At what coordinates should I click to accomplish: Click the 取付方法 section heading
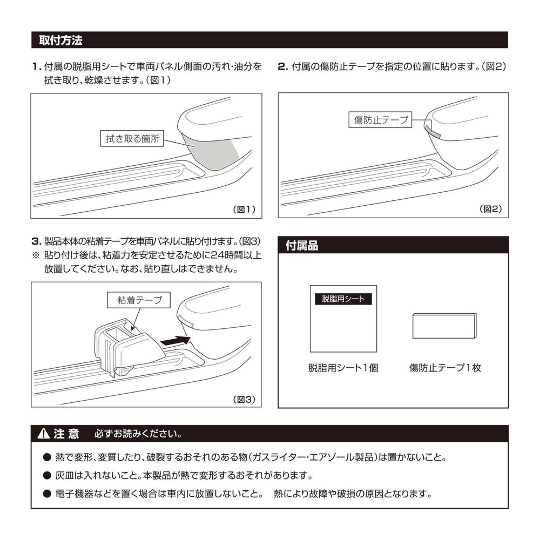60,40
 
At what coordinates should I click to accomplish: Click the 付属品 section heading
302,246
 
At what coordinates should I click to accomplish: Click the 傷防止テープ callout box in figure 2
380,120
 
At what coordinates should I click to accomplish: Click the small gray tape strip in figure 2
433,131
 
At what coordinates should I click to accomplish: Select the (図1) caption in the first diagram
244,209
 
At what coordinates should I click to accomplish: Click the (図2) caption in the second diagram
491,209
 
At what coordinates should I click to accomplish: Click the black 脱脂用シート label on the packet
343,299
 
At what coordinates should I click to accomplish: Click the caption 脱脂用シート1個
343,368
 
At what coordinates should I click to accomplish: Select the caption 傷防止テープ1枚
445,368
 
